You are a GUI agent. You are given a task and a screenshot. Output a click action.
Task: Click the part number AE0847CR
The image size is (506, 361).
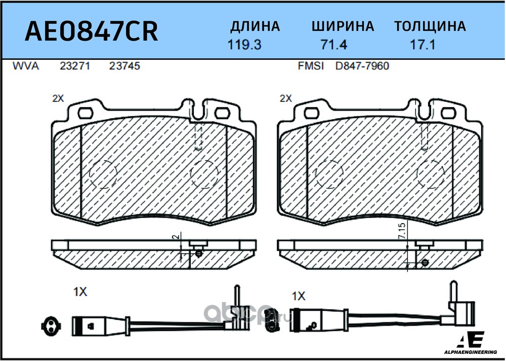click(x=91, y=31)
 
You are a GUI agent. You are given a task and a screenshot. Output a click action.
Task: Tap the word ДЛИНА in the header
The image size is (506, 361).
click(x=255, y=27)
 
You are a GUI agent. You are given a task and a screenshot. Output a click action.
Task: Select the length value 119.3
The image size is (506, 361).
click(x=244, y=45)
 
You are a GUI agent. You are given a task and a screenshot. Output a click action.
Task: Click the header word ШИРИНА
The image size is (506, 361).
click(x=343, y=26)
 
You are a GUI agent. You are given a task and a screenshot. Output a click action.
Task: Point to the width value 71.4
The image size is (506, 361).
click(x=333, y=45)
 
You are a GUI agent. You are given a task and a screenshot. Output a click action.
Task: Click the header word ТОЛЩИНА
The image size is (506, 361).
click(x=430, y=27)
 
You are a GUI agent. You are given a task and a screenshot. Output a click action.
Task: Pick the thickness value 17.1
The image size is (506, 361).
click(x=423, y=45)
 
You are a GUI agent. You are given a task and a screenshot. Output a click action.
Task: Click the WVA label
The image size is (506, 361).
click(x=26, y=66)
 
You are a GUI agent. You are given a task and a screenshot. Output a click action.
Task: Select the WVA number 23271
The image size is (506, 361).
click(x=75, y=66)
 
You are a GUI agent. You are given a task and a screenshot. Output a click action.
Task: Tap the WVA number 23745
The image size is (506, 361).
click(x=124, y=66)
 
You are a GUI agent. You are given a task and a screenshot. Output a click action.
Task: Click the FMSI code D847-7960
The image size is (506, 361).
click(x=362, y=66)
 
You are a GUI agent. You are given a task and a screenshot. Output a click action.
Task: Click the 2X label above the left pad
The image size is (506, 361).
click(x=58, y=98)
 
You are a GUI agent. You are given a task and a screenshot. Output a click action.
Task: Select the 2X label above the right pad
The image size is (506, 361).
click(x=285, y=98)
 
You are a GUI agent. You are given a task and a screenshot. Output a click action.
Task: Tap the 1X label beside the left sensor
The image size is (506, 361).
click(x=80, y=292)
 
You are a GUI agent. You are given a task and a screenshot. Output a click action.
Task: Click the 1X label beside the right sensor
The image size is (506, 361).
click(x=299, y=296)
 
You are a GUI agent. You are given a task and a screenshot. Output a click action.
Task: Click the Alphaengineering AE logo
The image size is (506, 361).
click(x=475, y=343)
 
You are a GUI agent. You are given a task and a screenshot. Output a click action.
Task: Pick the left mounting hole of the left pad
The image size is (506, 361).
click(x=86, y=113)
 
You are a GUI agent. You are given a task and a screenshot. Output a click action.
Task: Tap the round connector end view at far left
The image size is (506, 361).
click(x=50, y=325)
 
